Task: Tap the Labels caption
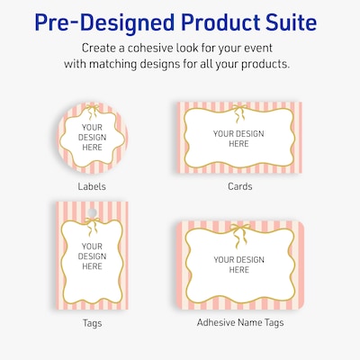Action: (x=92, y=186)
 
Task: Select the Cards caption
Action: (x=238, y=186)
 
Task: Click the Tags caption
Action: (x=92, y=321)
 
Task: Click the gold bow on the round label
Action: (x=92, y=112)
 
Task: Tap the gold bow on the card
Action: (x=238, y=111)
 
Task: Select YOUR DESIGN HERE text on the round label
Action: (x=92, y=140)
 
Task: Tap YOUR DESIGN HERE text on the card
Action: (x=238, y=139)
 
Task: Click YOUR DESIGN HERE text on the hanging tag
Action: (x=92, y=256)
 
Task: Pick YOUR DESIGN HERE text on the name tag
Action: (x=238, y=264)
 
